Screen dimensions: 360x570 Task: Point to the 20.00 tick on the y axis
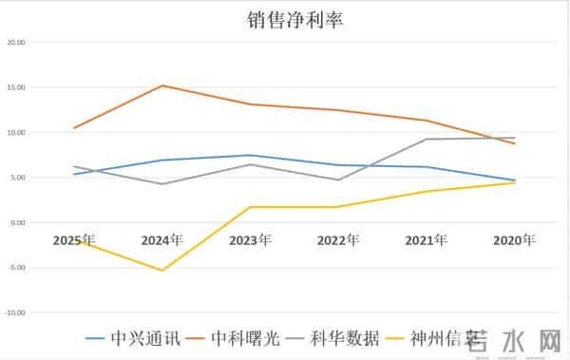15,43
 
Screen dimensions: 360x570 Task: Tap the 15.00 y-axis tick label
15,87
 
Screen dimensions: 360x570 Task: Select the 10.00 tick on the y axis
15,132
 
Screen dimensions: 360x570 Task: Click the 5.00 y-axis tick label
17,178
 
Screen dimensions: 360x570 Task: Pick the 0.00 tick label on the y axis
17,222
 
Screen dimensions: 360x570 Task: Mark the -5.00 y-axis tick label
16,267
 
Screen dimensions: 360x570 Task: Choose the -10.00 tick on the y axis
15,312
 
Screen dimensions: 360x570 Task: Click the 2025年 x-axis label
74,239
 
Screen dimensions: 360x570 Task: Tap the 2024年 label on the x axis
162,239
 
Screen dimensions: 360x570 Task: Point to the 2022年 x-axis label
338,239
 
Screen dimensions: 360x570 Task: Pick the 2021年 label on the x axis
427,239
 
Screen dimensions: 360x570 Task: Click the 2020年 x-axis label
514,239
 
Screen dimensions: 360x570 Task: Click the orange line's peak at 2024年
162,85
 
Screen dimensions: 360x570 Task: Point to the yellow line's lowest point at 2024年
162,271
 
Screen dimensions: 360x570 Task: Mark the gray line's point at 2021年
427,140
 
